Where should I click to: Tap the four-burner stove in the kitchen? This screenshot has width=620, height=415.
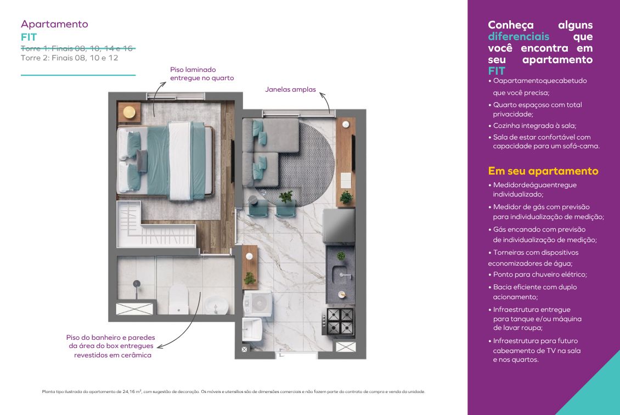(x=340, y=322)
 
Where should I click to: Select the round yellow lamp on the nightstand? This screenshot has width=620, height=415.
(x=129, y=113)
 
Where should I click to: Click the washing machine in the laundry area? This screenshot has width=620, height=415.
(x=257, y=304)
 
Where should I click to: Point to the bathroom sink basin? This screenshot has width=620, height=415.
(x=216, y=305)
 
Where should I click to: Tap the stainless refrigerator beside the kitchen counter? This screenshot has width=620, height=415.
(x=339, y=226)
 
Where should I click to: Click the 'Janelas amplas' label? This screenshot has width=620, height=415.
(x=291, y=89)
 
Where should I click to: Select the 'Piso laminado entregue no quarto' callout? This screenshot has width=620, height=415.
(x=202, y=74)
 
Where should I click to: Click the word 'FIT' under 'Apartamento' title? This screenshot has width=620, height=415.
(x=29, y=37)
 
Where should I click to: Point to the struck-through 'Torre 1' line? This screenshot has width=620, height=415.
(x=77, y=48)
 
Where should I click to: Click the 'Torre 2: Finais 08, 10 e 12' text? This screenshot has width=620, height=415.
(x=70, y=58)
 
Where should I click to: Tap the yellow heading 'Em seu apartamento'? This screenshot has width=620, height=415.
(x=543, y=171)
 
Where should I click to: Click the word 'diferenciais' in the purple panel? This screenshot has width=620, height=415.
(x=518, y=36)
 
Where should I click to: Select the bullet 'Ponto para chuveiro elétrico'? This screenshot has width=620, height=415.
(x=538, y=274)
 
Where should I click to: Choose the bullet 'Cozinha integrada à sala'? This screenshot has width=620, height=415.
(x=533, y=126)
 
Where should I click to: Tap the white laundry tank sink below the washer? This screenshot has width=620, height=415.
(x=252, y=329)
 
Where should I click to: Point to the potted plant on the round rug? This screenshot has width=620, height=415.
(x=285, y=196)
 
